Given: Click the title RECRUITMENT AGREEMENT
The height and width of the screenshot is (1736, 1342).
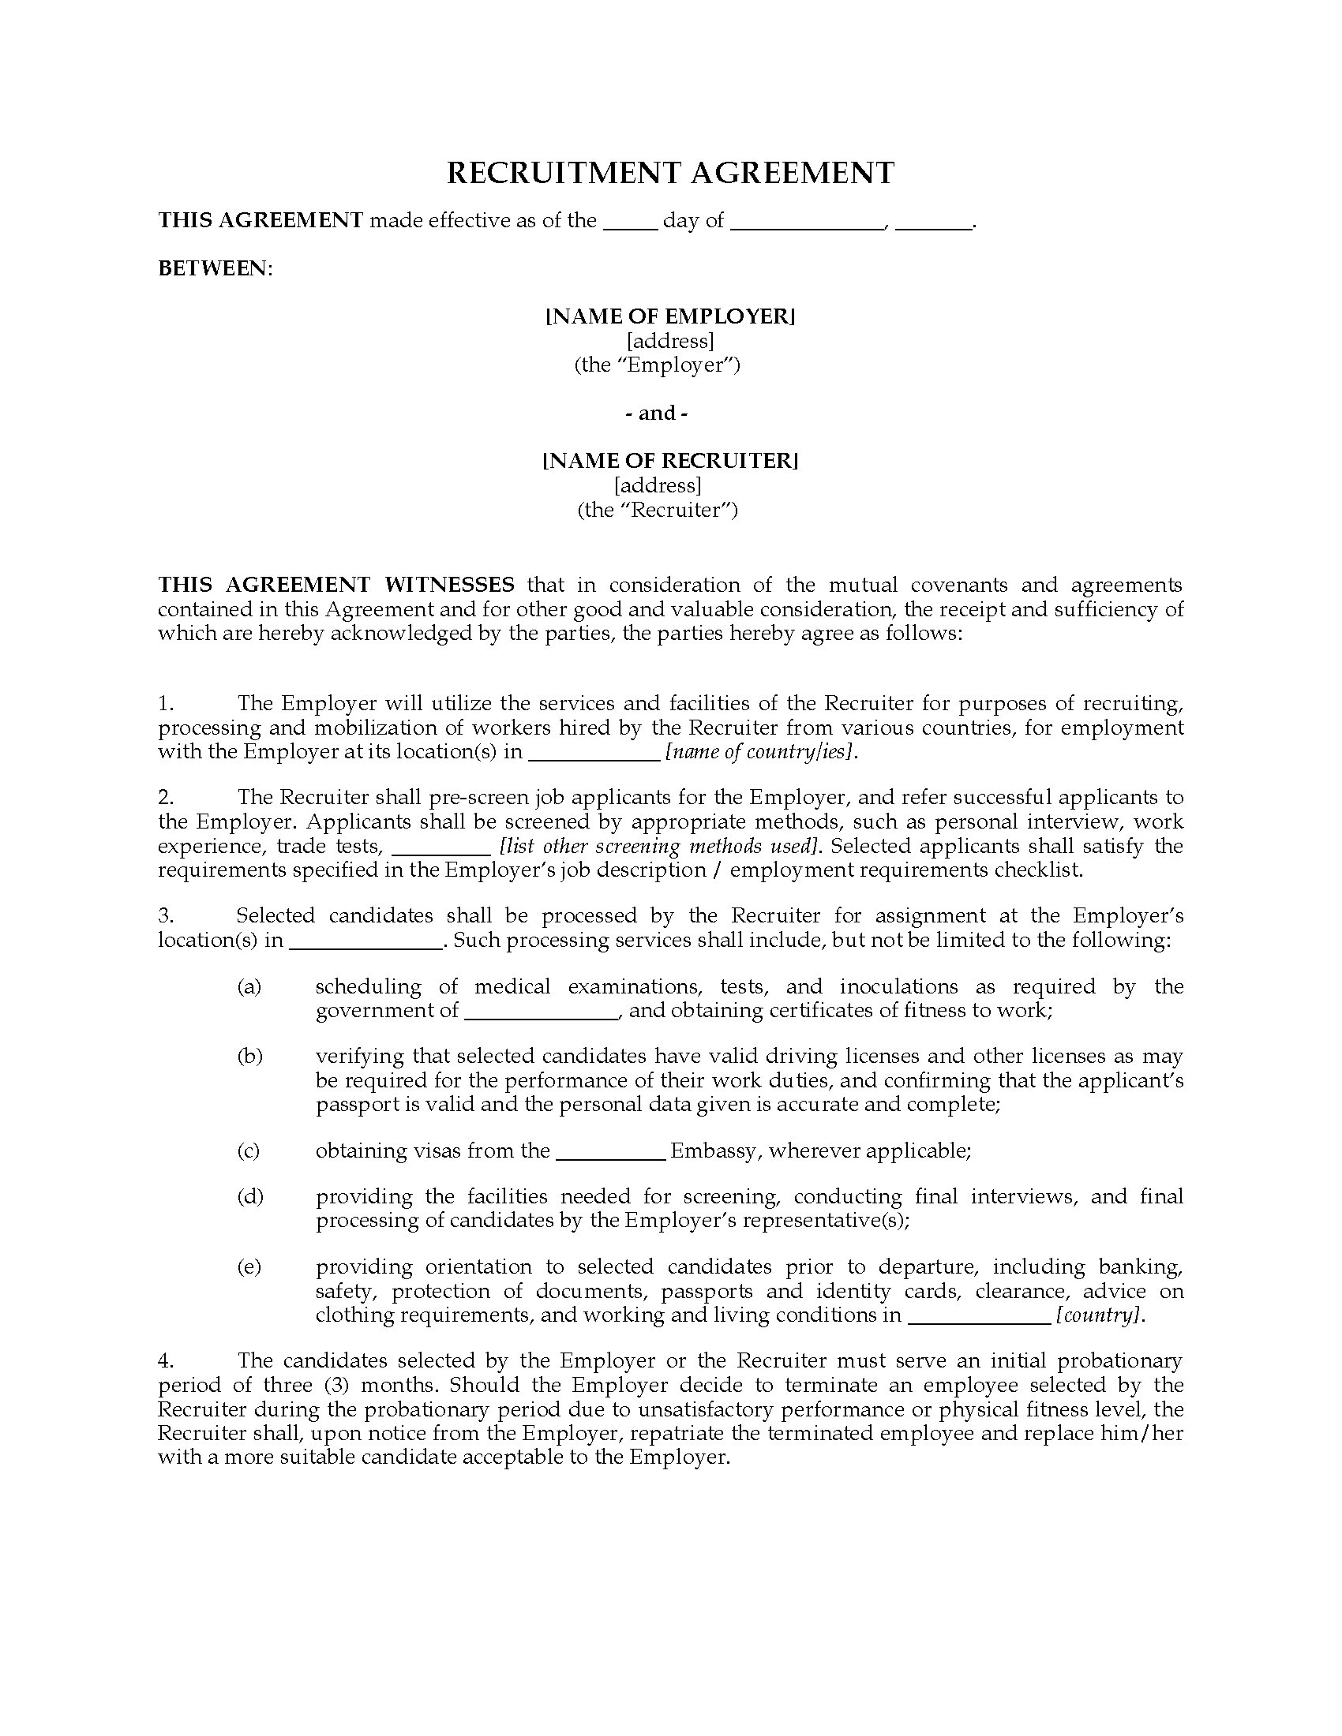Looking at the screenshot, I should pyautogui.click(x=670, y=173).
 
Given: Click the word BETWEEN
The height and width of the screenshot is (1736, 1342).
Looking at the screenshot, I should pyautogui.click(x=213, y=268).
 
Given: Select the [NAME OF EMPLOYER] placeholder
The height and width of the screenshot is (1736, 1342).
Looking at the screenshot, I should pyautogui.click(x=670, y=316).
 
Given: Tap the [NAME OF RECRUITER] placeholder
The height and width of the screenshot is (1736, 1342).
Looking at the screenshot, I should pyautogui.click(x=670, y=460).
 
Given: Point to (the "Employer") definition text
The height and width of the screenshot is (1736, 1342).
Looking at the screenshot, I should pyautogui.click(x=658, y=365).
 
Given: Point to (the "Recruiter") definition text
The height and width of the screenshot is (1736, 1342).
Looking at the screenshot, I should pyautogui.click(x=658, y=510).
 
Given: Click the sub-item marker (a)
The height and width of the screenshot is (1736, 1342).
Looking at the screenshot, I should pyautogui.click(x=249, y=986).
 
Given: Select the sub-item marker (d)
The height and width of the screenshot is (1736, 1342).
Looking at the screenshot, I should pyautogui.click(x=249, y=1196).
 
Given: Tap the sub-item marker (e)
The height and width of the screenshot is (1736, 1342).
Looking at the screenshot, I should pyautogui.click(x=249, y=1266).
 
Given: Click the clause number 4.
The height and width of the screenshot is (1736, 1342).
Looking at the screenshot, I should pyautogui.click(x=165, y=1360).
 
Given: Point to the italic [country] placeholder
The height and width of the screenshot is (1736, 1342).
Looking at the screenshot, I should pyautogui.click(x=1100, y=1315).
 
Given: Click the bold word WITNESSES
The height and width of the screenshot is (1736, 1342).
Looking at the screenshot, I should pyautogui.click(x=449, y=585).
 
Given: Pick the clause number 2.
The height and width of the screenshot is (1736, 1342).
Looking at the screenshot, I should pyautogui.click(x=165, y=797).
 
